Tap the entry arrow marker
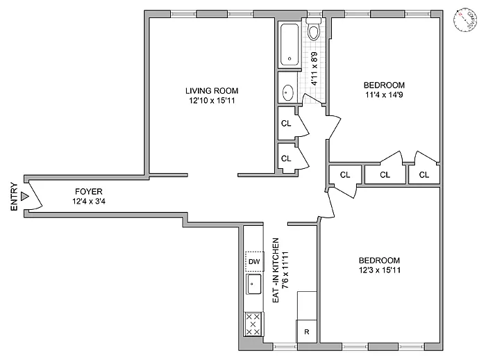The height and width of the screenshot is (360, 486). click(x=25, y=197)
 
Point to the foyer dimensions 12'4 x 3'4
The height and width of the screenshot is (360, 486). click(x=89, y=202)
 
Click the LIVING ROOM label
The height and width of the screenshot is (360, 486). click(x=212, y=90)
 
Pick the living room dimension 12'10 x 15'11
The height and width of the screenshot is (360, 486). click(x=212, y=101)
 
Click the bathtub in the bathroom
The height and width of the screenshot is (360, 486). click(x=289, y=45)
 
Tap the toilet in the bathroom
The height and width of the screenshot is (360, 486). click(x=314, y=32)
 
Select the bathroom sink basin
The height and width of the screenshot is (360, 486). click(x=288, y=91)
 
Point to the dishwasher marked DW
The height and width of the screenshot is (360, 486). click(x=254, y=261)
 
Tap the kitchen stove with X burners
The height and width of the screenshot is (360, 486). click(x=254, y=324)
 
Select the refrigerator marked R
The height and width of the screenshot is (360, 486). click(x=306, y=332)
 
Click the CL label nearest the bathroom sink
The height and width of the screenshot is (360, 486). click(x=286, y=124)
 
